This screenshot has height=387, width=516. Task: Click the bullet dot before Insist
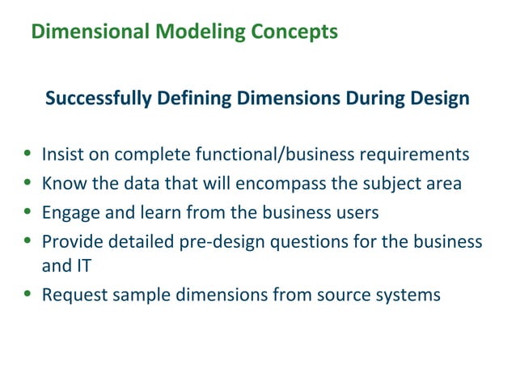click(29, 154)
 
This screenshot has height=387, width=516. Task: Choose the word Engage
click(69, 213)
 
